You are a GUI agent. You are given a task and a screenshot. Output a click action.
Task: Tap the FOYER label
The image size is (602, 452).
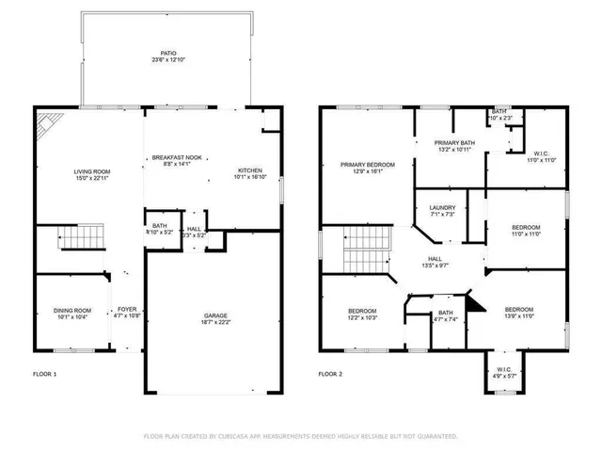[x=125, y=310]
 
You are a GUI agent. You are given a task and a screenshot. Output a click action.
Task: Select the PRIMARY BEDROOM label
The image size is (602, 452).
[x=367, y=164]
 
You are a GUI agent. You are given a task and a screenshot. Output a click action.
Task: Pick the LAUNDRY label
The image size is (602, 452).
[x=442, y=207]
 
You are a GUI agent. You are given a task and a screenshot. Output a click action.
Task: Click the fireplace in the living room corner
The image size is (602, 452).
[x=47, y=123]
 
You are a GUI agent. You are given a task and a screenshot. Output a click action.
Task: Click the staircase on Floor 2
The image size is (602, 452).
[x=365, y=249]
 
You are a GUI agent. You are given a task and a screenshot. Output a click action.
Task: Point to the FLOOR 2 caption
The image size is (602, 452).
[x=331, y=374]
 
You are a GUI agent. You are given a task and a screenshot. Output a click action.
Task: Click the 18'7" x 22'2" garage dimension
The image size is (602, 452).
[x=216, y=323]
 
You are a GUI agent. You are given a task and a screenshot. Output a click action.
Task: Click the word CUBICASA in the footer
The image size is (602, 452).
[x=238, y=436]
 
